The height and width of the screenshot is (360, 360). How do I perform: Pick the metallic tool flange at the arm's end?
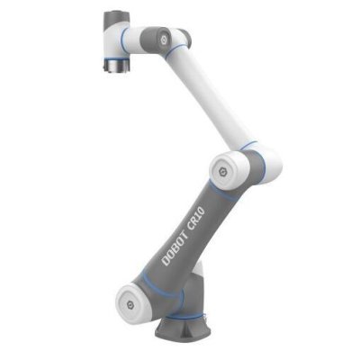115,66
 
